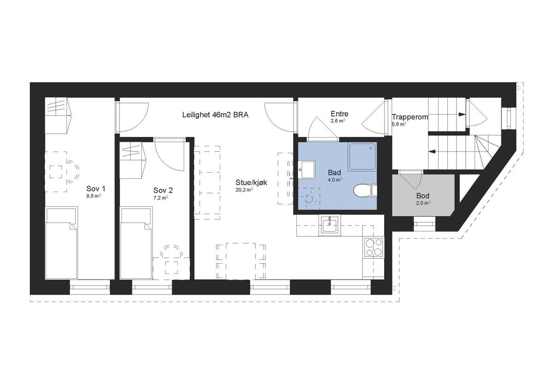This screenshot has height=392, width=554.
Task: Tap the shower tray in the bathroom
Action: click(x=362, y=156)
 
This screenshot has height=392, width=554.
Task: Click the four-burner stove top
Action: click(x=373, y=247)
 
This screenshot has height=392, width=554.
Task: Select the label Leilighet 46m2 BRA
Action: click(x=216, y=115)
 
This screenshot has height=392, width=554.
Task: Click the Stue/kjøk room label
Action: click(x=251, y=182)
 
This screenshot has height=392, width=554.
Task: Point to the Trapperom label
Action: click(x=410, y=117)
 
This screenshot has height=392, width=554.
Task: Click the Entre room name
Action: click(x=339, y=114)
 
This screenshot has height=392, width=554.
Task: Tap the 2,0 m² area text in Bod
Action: click(x=423, y=202)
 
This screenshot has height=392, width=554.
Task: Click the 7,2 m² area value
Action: click(x=160, y=197)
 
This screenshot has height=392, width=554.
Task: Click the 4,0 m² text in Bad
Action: click(x=335, y=180)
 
